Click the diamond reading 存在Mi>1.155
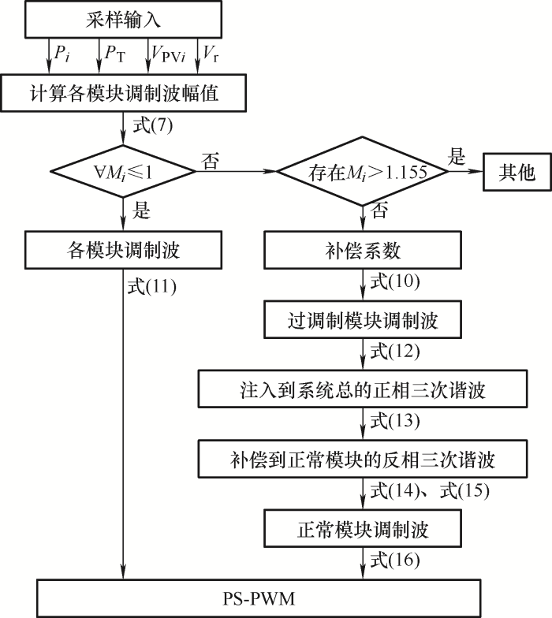point(363,172)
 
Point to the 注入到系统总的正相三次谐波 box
point(363,389)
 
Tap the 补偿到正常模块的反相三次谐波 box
point(363,457)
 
